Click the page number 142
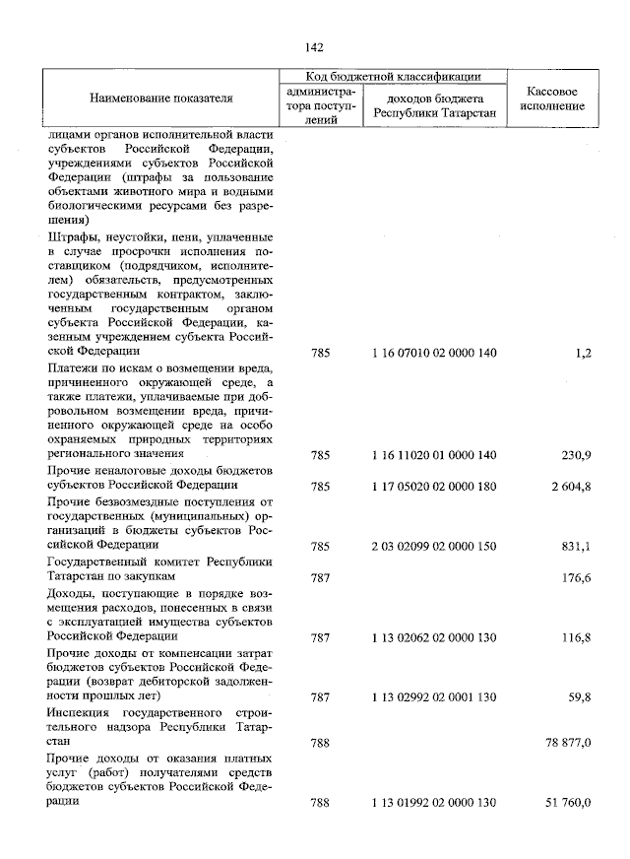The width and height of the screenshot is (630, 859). coord(315,47)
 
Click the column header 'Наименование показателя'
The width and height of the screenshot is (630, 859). coord(161,99)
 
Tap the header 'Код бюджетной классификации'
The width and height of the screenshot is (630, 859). coord(392,76)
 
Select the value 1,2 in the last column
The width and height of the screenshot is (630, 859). coord(581,352)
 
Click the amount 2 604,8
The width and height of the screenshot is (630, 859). coord(570,487)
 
